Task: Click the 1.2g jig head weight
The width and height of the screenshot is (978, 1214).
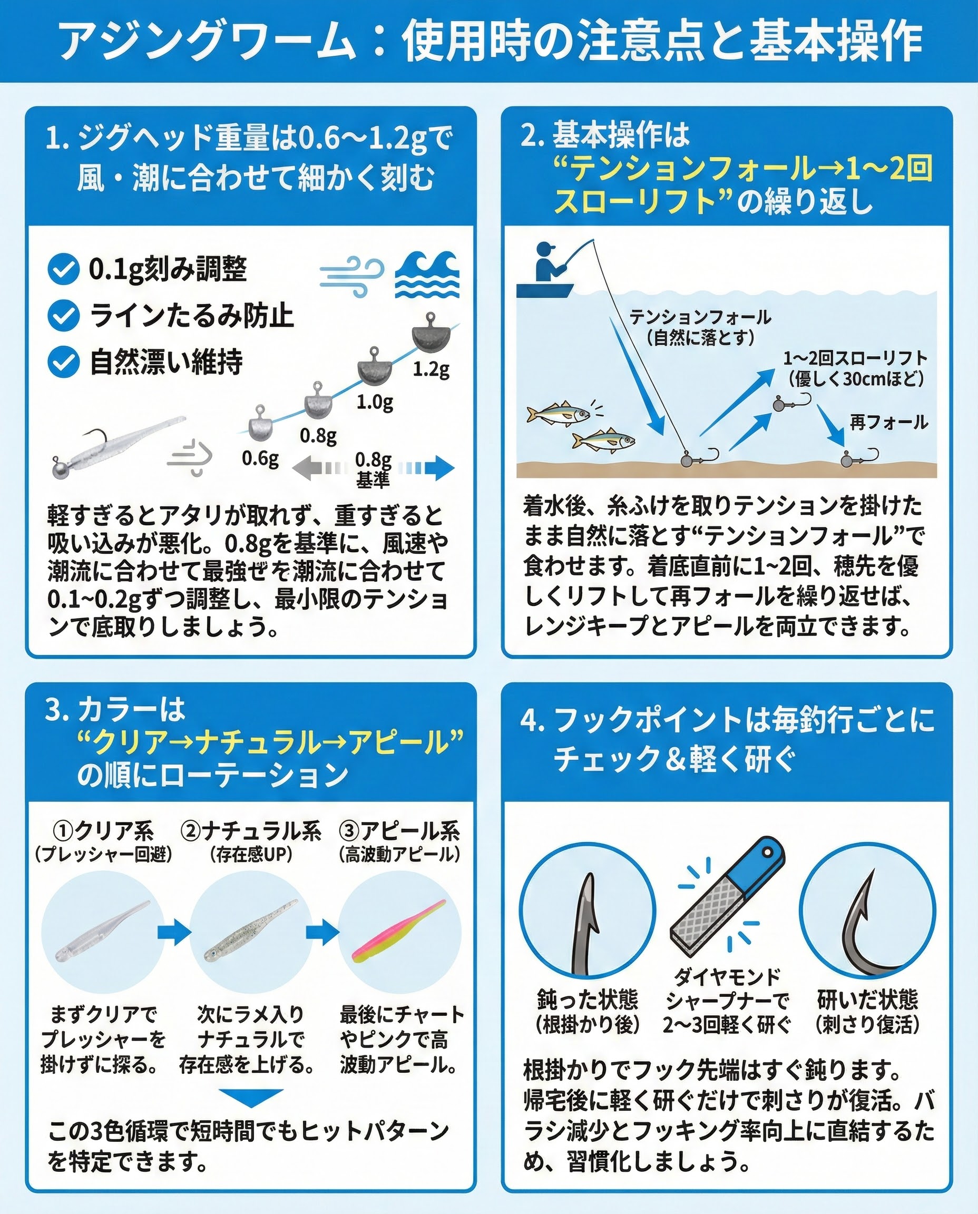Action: pyautogui.click(x=431, y=337)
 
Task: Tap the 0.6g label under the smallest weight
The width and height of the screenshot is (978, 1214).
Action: pyautogui.click(x=260, y=458)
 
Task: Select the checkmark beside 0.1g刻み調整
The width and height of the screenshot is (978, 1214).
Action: pyautogui.click(x=63, y=269)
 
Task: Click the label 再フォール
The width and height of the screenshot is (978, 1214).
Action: pyautogui.click(x=889, y=422)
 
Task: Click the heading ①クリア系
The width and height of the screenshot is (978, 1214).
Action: pyautogui.click(x=103, y=831)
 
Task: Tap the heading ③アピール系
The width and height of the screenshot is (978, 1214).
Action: pyautogui.click(x=399, y=831)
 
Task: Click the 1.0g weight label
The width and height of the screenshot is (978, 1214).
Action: pyautogui.click(x=375, y=402)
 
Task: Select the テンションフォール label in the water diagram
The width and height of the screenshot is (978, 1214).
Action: pyautogui.click(x=700, y=317)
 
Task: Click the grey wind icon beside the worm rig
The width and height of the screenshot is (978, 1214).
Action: pyautogui.click(x=190, y=457)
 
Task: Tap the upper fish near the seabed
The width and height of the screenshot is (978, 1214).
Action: pyautogui.click(x=558, y=414)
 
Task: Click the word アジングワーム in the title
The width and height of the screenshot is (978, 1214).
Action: pyautogui.click(x=207, y=41)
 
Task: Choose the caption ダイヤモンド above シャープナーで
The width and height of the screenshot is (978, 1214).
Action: pyautogui.click(x=727, y=977)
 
